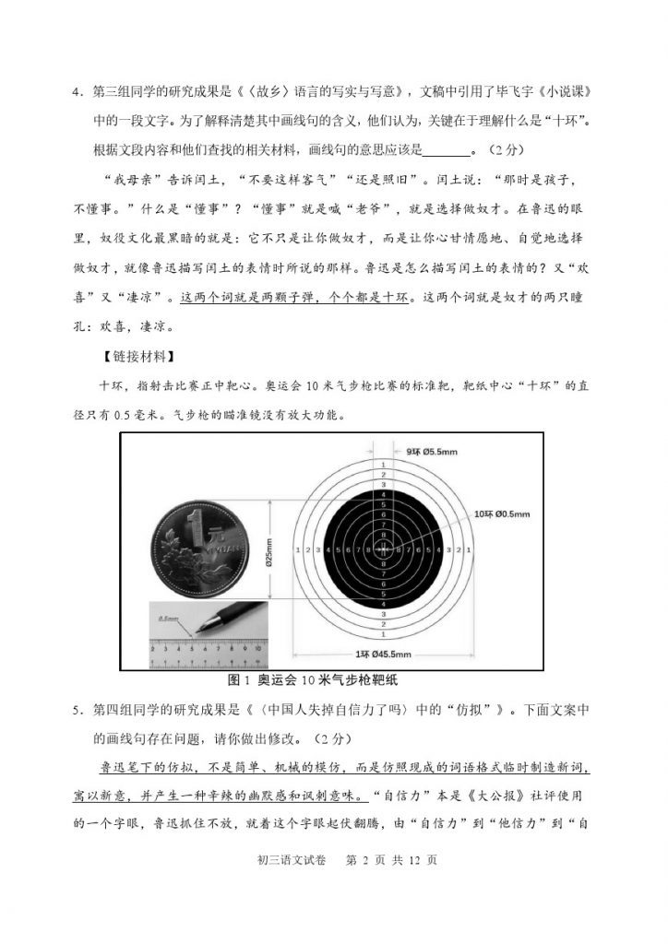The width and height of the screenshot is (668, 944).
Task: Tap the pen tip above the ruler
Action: pos(197,633)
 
